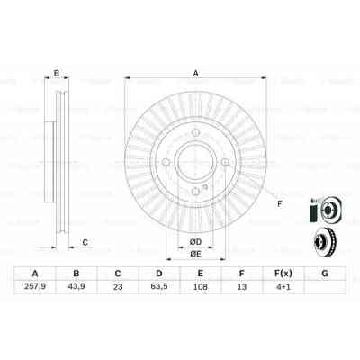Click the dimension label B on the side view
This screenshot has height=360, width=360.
coord(56,74)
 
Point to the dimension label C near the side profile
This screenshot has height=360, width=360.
coord(85,242)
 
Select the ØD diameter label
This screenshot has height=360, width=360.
coord(195,239)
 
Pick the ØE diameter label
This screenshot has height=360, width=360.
coord(195,254)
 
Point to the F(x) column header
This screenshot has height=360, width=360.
coord(283,274)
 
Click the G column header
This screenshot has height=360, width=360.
coord(324,274)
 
